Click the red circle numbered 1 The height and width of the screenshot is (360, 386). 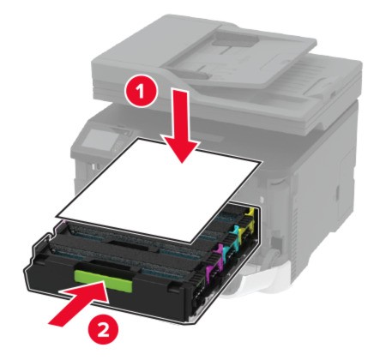[141, 92]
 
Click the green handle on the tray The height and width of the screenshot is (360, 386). [103, 280]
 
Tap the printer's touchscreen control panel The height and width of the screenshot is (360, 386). [99, 139]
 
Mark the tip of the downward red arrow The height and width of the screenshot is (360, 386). [181, 163]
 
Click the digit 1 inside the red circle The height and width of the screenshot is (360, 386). [140, 92]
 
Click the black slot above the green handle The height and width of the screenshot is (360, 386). [110, 265]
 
